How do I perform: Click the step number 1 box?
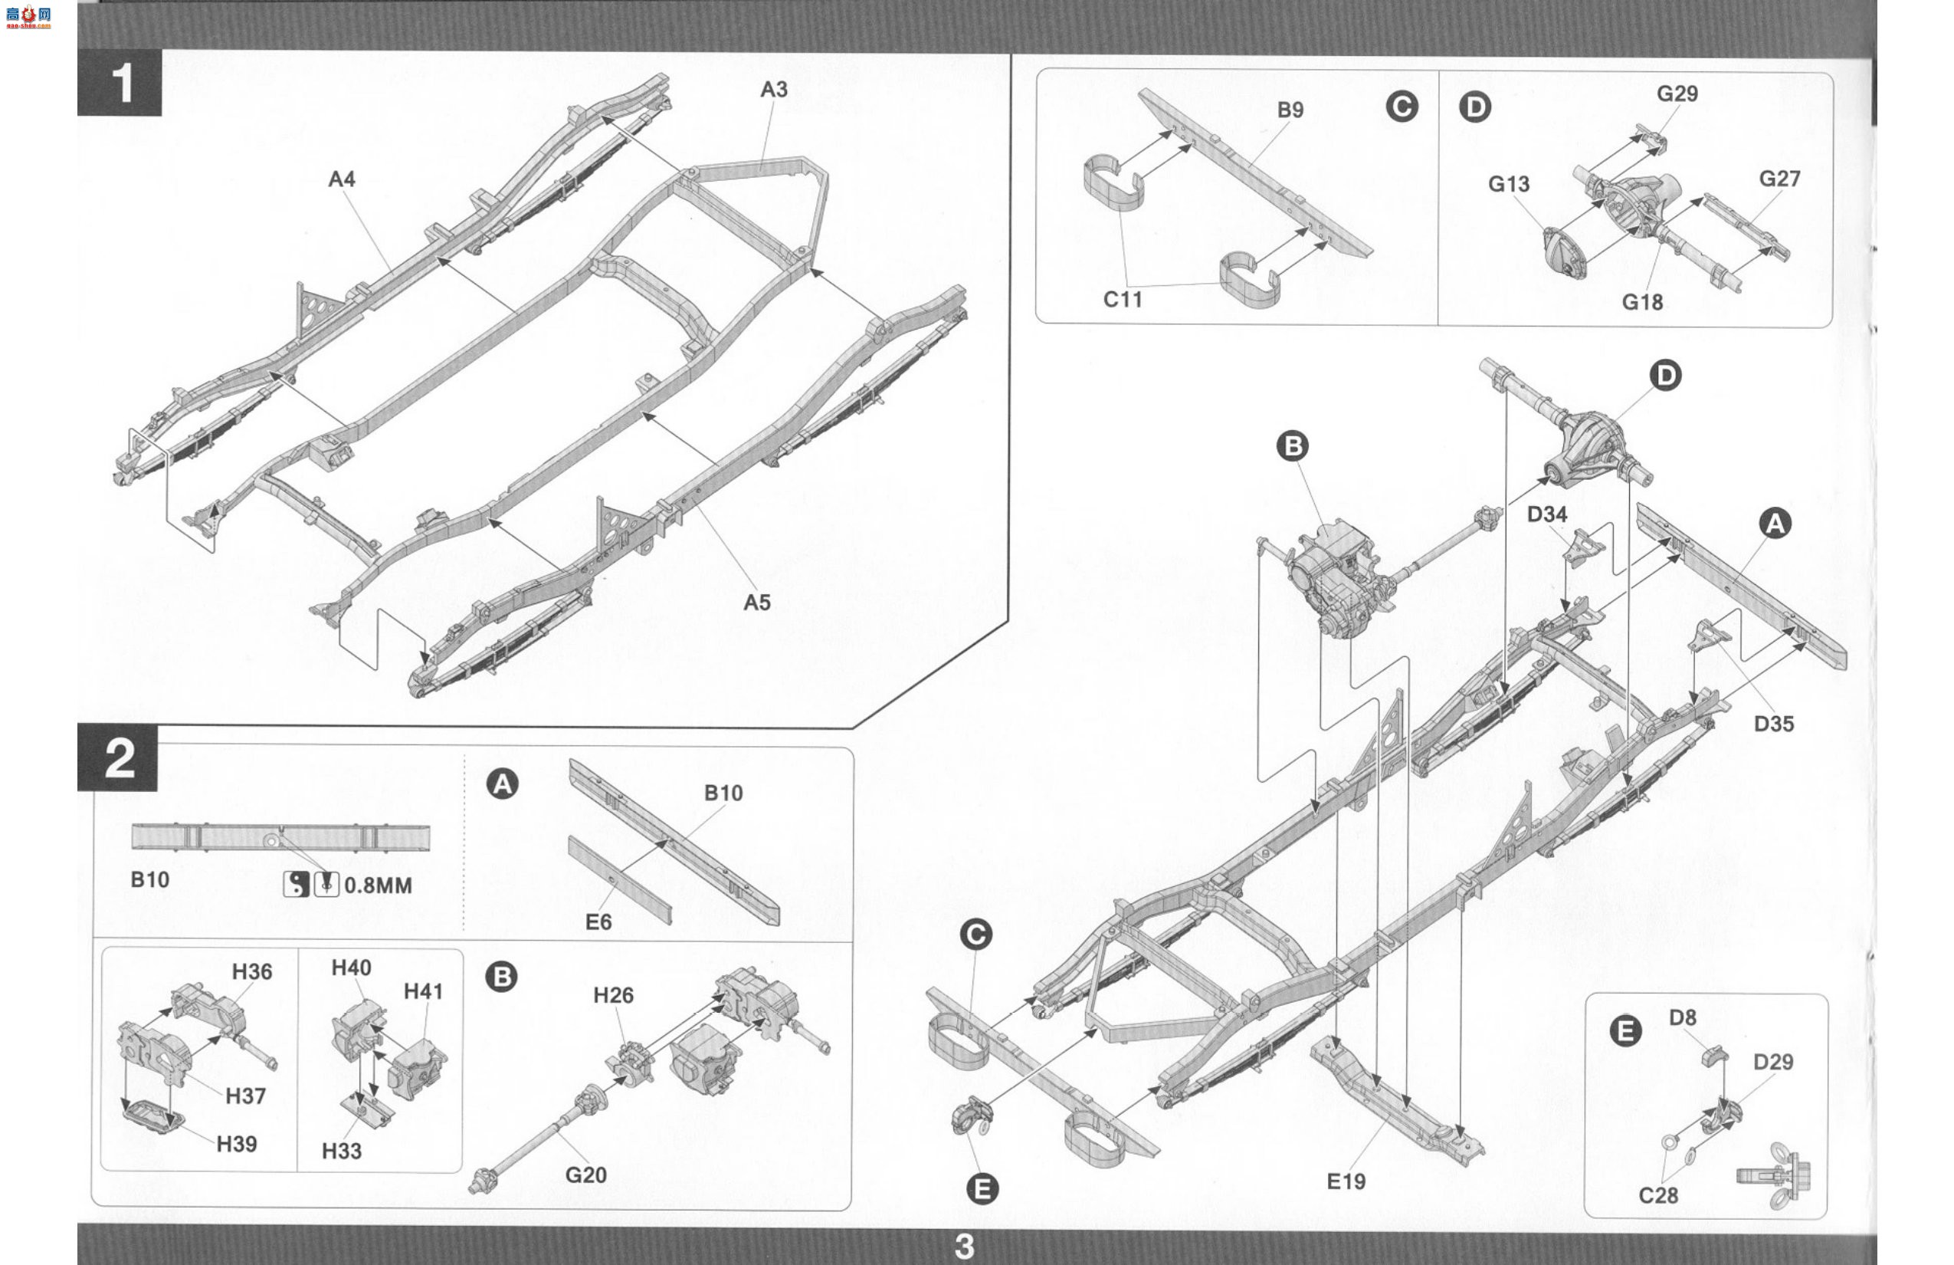119,82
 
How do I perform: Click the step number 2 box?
117,757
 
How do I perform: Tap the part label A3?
773,89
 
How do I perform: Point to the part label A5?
756,602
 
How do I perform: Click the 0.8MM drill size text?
378,886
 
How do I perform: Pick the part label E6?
598,922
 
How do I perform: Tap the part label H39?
237,1143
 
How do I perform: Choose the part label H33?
342,1151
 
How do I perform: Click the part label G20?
585,1175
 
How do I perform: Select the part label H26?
613,995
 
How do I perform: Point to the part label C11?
1123,299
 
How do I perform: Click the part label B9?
1290,109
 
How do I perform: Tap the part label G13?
1509,183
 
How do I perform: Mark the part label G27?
1780,178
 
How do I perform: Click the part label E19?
1346,1181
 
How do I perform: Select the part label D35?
1773,724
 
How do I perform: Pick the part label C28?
1657,1195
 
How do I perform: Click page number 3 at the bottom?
964,1246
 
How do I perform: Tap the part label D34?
1547,514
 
